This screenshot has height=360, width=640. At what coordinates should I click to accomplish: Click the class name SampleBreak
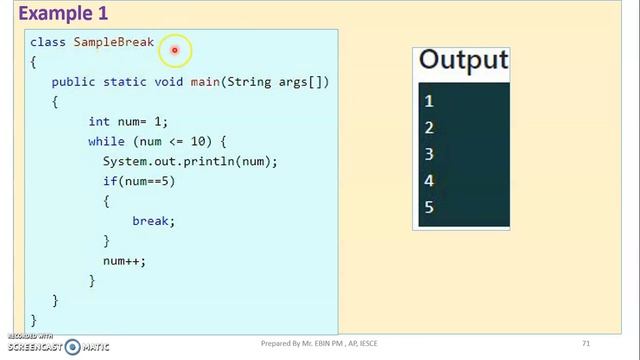coord(113,42)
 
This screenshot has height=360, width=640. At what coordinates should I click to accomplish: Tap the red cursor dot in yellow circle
coord(174,49)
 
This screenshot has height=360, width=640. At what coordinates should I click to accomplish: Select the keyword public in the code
coord(72,82)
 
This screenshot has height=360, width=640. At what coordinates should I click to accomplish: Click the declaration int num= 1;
coord(121,121)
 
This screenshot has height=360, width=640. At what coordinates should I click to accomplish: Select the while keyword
coord(106,141)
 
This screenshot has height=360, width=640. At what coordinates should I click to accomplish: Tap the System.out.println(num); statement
coord(190,161)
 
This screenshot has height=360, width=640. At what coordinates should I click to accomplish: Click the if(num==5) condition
coord(138,181)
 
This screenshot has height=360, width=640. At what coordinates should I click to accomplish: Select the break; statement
coord(153,221)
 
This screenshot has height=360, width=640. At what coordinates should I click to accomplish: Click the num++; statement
coord(124,261)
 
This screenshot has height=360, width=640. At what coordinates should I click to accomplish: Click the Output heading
coord(463,60)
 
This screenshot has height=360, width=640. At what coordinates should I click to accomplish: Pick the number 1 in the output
coord(429,101)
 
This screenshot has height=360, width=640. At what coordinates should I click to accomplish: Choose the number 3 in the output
coord(429,154)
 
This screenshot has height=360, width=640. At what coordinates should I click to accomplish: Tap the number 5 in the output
coord(429,207)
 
